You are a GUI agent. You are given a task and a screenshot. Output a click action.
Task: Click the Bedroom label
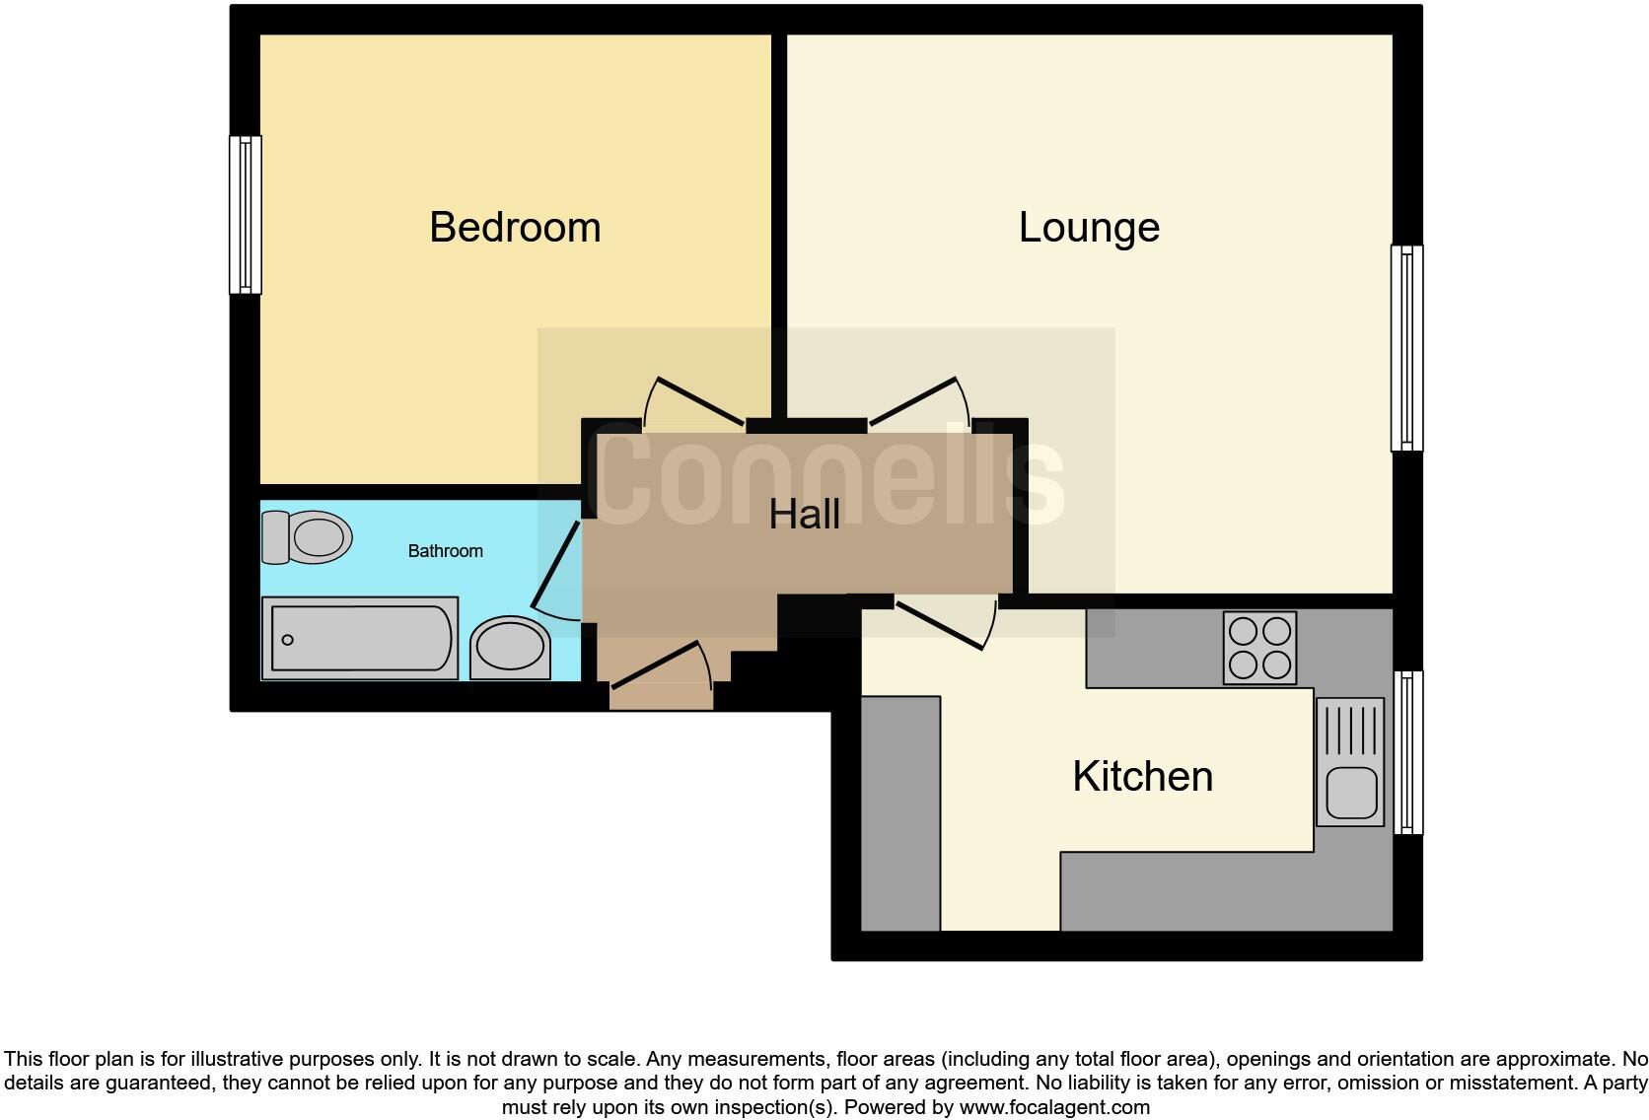click(x=515, y=228)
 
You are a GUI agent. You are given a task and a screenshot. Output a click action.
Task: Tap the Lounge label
click(x=1089, y=228)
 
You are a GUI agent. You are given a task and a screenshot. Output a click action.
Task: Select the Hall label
click(x=805, y=515)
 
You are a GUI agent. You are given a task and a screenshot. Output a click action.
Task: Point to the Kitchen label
click(x=1142, y=777)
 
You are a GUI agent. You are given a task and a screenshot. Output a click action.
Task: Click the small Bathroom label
click(x=445, y=551)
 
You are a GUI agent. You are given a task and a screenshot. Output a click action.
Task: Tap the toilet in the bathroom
click(x=307, y=537)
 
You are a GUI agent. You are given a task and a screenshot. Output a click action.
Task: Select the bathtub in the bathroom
click(x=360, y=639)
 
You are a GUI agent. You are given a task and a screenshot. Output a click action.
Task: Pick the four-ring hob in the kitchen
click(x=1259, y=648)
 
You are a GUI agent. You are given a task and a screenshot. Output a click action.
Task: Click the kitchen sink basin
click(x=1350, y=793)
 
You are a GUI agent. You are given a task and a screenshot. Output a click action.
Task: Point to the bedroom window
click(x=245, y=215)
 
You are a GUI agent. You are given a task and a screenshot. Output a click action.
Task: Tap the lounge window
click(x=1406, y=348)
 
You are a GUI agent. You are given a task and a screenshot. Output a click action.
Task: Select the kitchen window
click(x=1407, y=753)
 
